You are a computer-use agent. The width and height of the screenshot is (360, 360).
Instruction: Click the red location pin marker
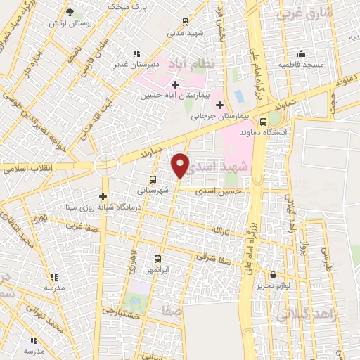(x=181, y=165)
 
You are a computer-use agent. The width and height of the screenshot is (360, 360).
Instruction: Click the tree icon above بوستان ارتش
(x=70, y=12)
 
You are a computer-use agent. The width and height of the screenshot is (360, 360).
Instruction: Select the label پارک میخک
(x=127, y=6)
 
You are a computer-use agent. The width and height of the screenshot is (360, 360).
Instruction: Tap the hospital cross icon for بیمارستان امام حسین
(x=175, y=84)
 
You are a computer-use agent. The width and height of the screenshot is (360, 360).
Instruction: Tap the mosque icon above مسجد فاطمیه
(x=302, y=54)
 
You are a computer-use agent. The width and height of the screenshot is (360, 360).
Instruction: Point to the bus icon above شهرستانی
(x=153, y=179)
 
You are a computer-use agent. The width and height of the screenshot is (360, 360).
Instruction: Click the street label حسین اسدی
(x=220, y=191)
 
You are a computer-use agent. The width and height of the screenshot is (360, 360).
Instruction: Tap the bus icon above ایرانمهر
(x=157, y=259)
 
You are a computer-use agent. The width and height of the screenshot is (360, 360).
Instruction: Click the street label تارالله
(x=221, y=231)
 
